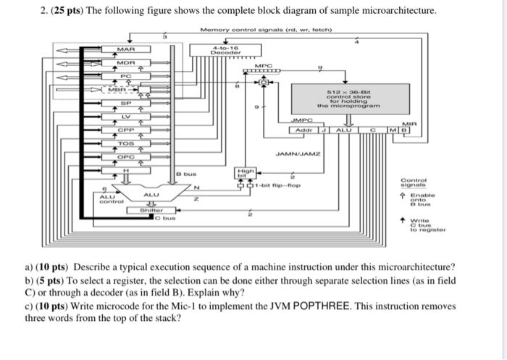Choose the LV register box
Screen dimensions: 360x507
(x=127, y=116)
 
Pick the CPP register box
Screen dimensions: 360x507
(x=127, y=130)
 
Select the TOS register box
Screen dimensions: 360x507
(x=127, y=143)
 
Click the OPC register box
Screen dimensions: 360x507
(x=127, y=156)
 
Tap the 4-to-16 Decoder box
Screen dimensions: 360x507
(x=219, y=51)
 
